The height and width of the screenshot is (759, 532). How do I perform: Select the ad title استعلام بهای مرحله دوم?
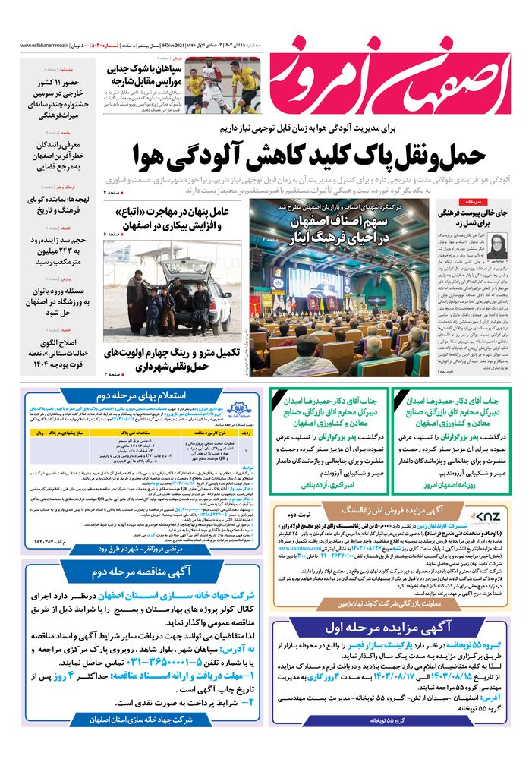click(134, 396)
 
